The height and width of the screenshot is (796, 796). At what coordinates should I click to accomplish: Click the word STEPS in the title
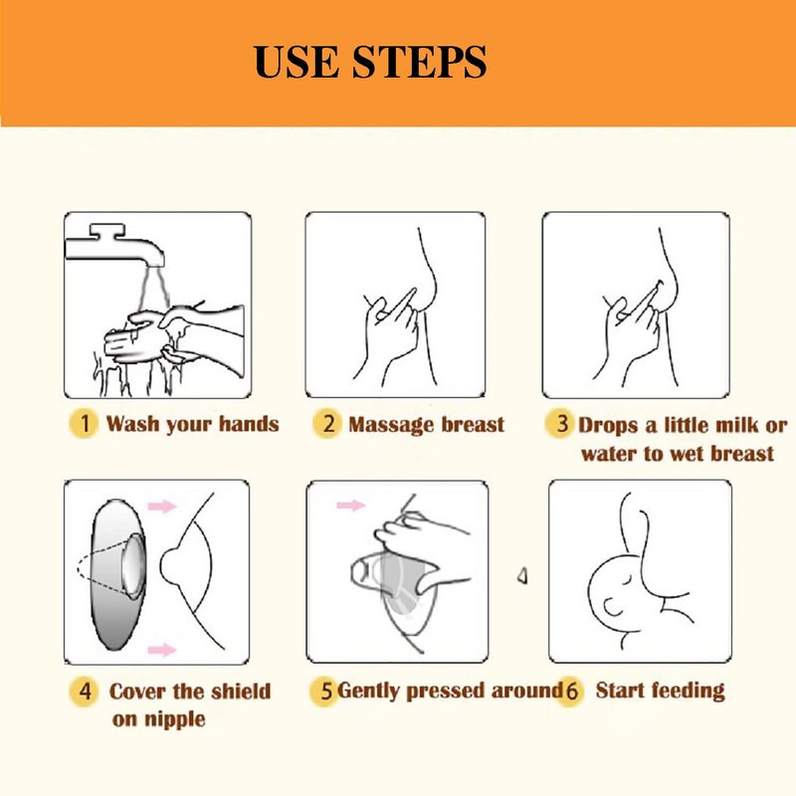click(419, 62)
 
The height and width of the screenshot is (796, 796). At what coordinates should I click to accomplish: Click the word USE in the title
click(296, 62)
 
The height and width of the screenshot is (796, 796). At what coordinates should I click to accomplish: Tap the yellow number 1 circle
click(84, 424)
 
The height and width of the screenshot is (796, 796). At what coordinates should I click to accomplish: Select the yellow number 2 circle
click(327, 424)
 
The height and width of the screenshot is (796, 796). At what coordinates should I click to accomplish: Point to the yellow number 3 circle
click(560, 424)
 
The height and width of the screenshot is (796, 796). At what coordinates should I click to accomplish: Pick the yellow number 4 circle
click(85, 691)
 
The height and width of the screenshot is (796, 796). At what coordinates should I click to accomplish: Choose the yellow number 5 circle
click(325, 691)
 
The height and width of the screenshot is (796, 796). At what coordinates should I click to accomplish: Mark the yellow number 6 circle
click(570, 691)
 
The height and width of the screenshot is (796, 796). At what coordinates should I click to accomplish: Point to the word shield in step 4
click(241, 691)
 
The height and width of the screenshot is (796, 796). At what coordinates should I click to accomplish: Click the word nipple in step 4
click(174, 719)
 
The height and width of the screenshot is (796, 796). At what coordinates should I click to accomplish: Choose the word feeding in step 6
click(689, 691)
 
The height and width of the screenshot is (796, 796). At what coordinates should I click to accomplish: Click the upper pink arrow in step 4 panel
click(162, 505)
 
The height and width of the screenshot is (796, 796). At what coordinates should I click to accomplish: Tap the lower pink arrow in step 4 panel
click(162, 650)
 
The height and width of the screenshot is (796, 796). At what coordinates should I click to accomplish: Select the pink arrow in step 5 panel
click(351, 504)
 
